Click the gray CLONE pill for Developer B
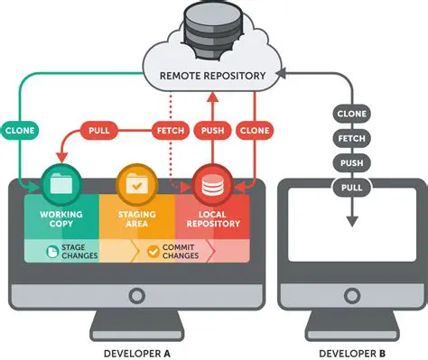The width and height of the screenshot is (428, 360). click(x=351, y=115)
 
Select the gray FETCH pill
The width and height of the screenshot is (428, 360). click(x=351, y=139)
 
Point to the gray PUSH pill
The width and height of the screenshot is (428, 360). click(x=351, y=163)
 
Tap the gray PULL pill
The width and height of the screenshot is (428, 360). click(x=351, y=188)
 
